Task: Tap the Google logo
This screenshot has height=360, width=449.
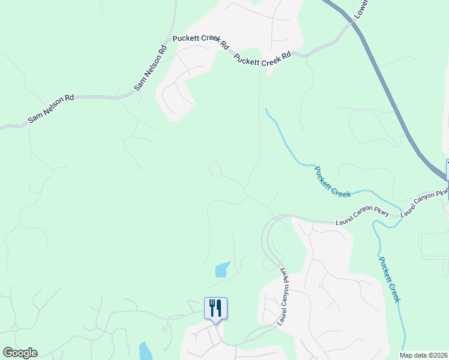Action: coord(20,353)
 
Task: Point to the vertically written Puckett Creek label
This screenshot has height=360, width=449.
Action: coord(389,279)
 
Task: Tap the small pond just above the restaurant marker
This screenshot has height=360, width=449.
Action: coord(222,269)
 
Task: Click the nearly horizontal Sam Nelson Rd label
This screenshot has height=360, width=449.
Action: coord(51,108)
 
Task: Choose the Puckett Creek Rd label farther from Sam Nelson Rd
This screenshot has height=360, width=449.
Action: coord(262,58)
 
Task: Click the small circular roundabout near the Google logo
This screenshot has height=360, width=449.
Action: coord(14,328)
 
